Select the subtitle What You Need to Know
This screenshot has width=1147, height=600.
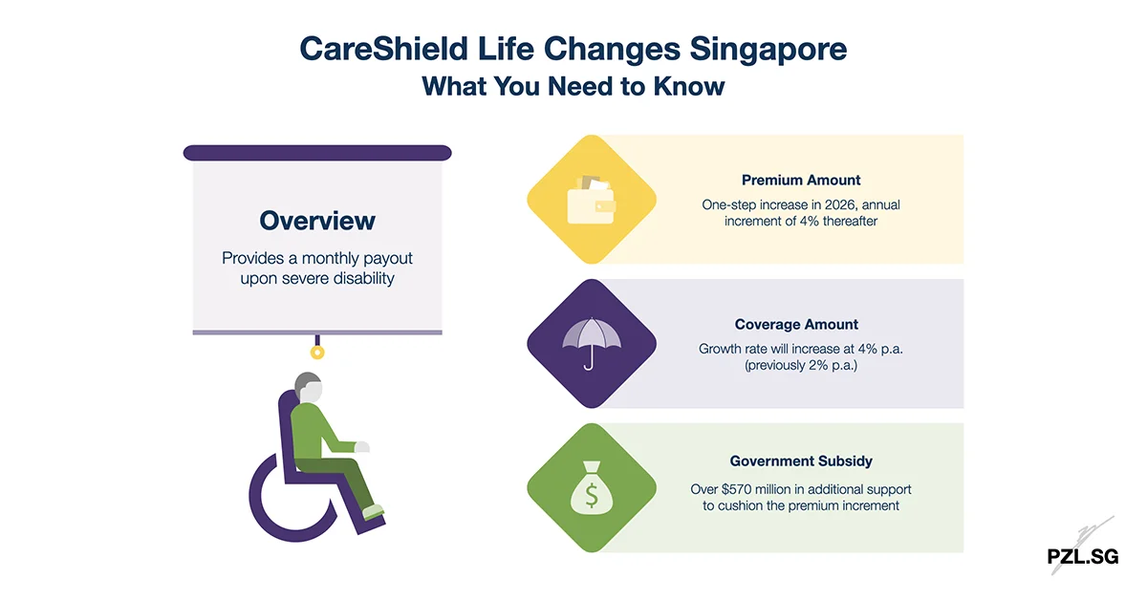coord(573,86)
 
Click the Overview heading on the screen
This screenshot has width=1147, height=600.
coord(317,221)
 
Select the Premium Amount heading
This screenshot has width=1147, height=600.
coord(801,180)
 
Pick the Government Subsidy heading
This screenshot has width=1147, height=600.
coord(801,461)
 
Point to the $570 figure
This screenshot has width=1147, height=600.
coord(744,488)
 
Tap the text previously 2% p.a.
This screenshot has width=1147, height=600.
coord(801,365)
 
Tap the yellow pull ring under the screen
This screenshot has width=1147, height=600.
coord(317,353)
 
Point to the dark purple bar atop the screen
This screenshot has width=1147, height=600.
coord(317,153)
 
